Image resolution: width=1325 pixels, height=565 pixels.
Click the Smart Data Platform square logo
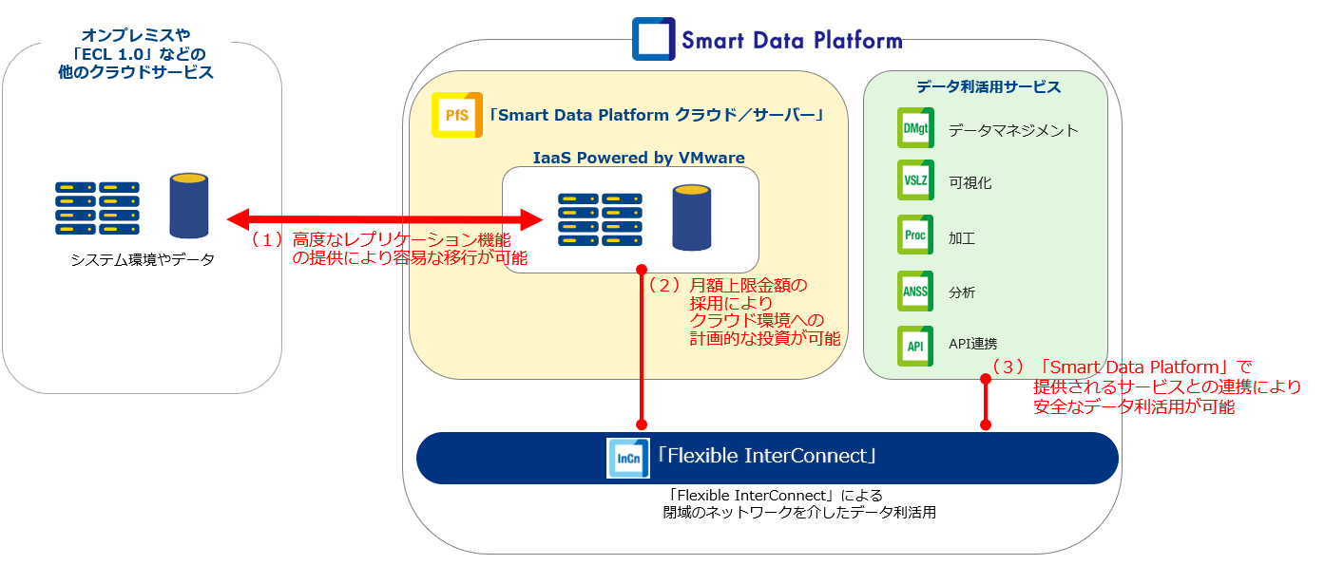(654, 39)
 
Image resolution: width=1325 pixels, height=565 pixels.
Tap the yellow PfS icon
(456, 115)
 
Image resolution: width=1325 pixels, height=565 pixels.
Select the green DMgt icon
(915, 127)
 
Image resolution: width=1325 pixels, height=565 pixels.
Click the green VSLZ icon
(915, 179)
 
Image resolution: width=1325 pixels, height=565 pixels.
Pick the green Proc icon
(915, 235)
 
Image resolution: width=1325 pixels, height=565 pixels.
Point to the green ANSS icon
(915, 291)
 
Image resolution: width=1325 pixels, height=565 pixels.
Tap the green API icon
(915, 346)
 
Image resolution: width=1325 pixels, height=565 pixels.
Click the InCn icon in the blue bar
(627, 458)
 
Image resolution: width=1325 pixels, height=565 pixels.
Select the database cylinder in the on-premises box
(189, 206)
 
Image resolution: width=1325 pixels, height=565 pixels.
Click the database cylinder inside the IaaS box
(691, 217)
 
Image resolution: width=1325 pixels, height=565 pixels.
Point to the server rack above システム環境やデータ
(98, 208)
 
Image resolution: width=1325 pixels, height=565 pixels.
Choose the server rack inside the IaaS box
(600, 219)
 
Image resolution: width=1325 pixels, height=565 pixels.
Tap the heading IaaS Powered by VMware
(639, 158)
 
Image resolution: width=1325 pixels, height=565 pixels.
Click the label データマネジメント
(1013, 130)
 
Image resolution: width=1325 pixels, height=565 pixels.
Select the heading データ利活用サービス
(989, 86)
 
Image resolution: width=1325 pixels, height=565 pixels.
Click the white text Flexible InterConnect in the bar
(767, 456)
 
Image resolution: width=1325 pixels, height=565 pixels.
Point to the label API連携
(973, 344)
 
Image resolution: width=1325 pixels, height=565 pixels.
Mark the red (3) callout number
(1008, 367)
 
